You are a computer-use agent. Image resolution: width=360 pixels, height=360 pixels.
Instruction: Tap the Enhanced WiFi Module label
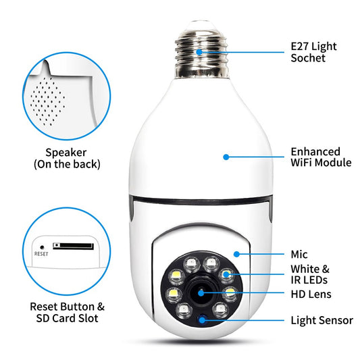(320, 157)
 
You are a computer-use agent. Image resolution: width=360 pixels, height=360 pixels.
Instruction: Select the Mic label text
(299, 255)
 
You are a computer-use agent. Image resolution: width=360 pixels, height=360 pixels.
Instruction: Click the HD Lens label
(311, 294)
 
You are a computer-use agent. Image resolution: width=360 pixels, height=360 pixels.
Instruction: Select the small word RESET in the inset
(41, 255)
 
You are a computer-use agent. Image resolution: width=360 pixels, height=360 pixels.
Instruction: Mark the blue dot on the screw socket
(199, 51)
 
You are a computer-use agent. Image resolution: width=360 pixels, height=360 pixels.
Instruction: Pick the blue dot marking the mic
(236, 253)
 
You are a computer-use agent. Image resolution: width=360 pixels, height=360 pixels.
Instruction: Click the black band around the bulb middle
(201, 200)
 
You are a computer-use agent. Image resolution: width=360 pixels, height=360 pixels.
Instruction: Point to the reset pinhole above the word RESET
(41, 246)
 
